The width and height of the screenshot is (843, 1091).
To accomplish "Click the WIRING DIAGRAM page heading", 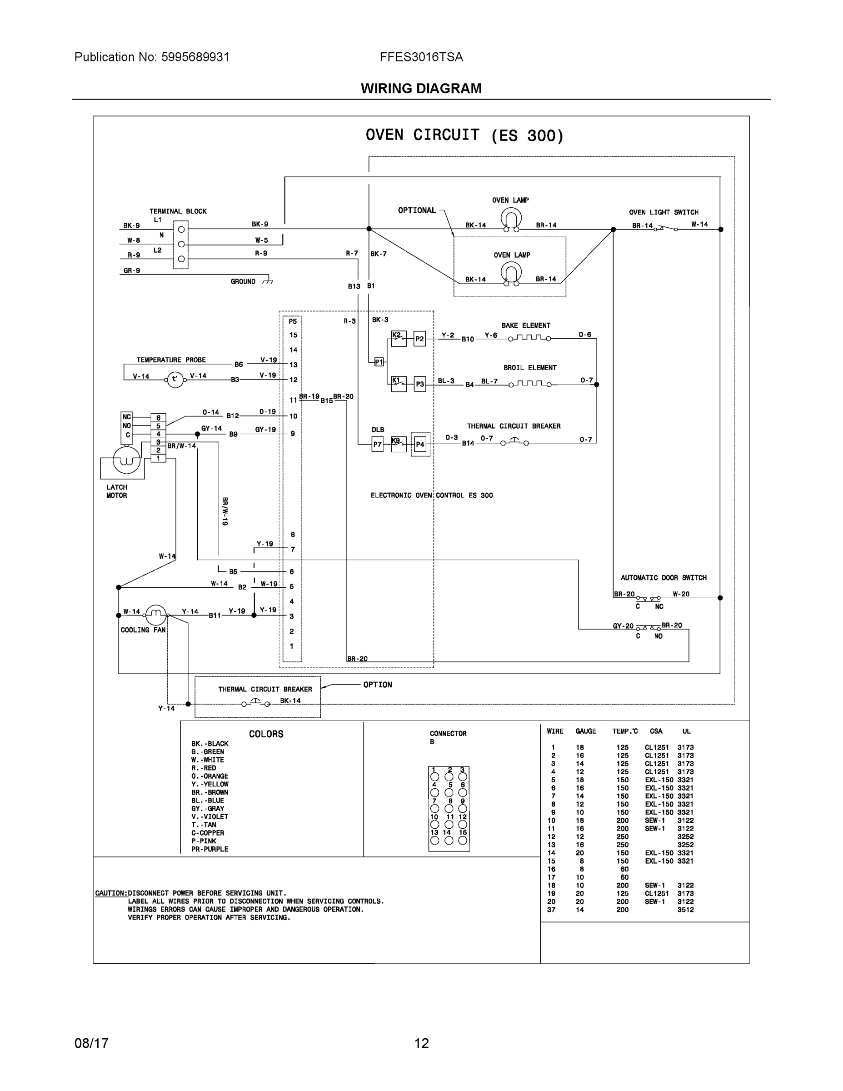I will [x=421, y=89].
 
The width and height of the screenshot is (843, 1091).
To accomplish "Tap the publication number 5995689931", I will [x=195, y=57].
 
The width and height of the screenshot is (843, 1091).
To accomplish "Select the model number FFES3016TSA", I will [x=421, y=57].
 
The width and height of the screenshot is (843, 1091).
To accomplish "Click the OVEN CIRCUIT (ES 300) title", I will [x=464, y=135].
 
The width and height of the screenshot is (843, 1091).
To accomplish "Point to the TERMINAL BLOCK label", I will [x=178, y=211].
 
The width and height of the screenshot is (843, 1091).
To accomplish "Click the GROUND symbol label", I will [x=243, y=282].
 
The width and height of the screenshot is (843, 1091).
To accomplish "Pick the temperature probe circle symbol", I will [x=175, y=380].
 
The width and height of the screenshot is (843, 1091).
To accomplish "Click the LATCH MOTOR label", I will [x=116, y=491].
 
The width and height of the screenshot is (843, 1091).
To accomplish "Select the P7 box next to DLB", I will [x=378, y=444].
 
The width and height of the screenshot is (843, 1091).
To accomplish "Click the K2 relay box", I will [x=399, y=338].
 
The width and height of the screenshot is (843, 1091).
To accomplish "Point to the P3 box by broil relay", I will [x=419, y=384].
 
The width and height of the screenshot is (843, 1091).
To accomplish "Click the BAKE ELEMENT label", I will [x=526, y=325].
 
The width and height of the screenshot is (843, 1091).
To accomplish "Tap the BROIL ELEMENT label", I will [x=529, y=368].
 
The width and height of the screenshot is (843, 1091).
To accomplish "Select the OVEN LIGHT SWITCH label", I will [x=663, y=212].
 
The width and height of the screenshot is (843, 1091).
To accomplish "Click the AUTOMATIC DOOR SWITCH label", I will [x=663, y=577].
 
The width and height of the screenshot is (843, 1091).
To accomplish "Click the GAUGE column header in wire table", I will [x=585, y=731].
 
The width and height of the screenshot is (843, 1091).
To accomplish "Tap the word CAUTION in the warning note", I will [x=111, y=893].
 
